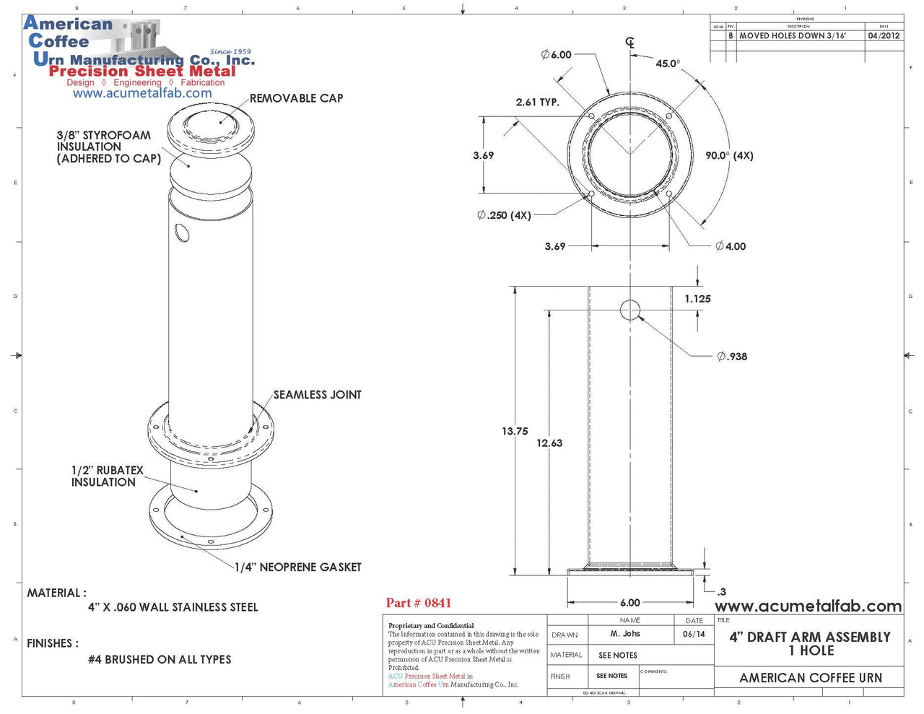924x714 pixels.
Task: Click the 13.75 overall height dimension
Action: coord(515,431)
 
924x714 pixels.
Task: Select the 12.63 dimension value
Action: coord(549,443)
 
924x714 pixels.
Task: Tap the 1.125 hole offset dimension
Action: coord(697,298)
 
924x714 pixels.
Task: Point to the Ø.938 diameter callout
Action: coord(732,356)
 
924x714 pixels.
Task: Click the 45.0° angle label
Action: coord(667,64)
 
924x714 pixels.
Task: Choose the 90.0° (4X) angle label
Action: coord(729,155)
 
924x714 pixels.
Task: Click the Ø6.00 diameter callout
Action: coord(557,55)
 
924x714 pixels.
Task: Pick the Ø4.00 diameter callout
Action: coord(731,246)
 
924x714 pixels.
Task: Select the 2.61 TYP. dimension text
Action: coord(537,103)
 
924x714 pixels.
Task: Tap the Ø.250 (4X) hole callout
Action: coord(504,215)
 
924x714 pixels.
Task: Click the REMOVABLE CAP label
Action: coord(296,98)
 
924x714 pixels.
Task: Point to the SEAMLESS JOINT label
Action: coord(317,395)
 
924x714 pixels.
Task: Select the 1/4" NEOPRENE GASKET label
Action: coord(297,567)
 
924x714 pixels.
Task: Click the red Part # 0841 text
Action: coord(418,603)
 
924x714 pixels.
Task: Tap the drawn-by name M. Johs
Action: coord(625,634)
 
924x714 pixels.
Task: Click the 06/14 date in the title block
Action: coord(694,634)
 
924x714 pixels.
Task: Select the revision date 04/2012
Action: coord(884,35)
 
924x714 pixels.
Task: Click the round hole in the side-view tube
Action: coord(630,310)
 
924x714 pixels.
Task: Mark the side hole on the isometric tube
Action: coord(182,232)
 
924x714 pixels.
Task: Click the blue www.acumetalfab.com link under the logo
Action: coord(142,93)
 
